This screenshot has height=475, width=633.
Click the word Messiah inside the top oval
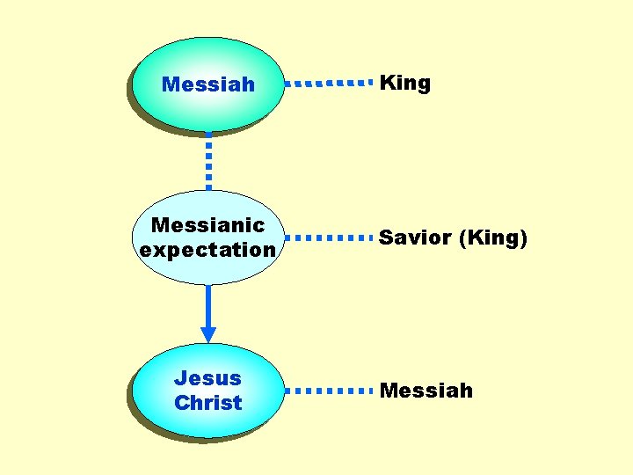tap(208, 84)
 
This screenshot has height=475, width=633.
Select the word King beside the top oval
tap(404, 84)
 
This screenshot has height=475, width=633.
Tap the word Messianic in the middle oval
tap(208, 225)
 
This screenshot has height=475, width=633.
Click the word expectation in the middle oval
tap(208, 250)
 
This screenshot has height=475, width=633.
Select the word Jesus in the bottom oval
tap(207, 378)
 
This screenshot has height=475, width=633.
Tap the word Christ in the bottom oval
tap(207, 403)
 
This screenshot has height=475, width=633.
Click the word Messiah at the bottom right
tap(426, 390)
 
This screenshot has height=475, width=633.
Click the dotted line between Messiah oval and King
tap(330, 84)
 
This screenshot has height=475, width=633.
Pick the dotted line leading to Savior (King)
tap(330, 237)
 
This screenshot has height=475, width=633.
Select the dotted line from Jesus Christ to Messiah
tap(330, 390)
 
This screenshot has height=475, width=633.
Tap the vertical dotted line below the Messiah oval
tap(208, 161)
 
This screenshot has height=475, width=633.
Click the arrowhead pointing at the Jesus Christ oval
tap(208, 334)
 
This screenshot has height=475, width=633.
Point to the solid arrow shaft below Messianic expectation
tap(208, 305)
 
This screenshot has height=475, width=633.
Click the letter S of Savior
tap(385, 237)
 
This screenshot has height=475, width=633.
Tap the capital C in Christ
tap(181, 403)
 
